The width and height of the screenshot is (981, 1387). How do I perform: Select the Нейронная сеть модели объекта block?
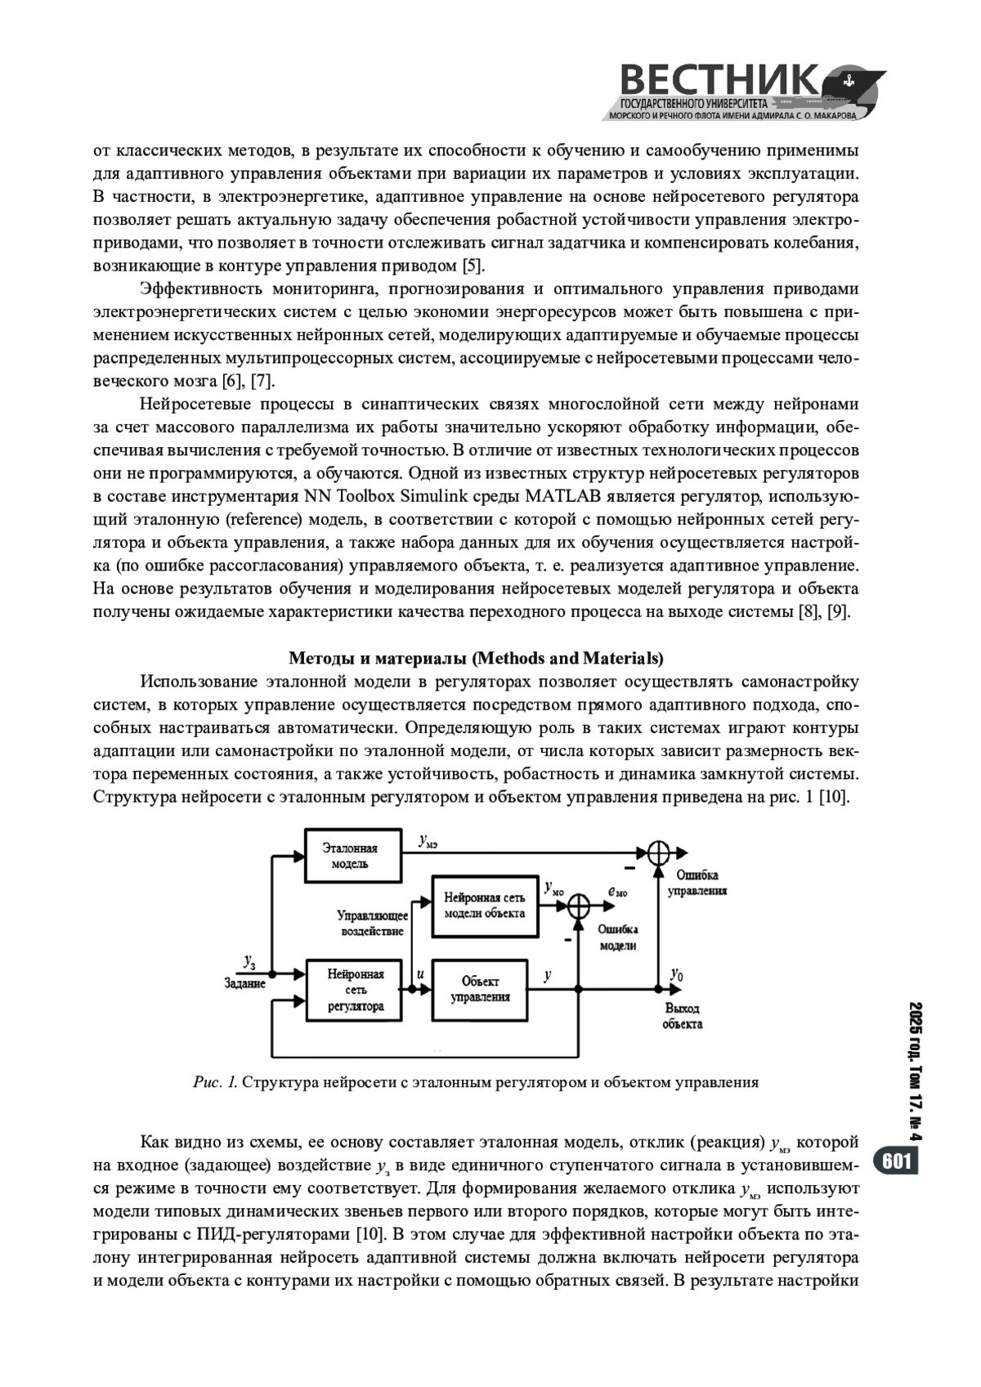click(485, 906)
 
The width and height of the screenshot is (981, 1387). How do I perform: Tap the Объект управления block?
click(480, 989)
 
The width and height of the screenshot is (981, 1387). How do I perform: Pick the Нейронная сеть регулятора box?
click(355, 990)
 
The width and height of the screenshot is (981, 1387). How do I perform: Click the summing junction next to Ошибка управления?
click(658, 853)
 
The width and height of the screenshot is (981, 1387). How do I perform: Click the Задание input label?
click(244, 983)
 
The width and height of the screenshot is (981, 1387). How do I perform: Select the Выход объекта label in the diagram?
click(682, 1016)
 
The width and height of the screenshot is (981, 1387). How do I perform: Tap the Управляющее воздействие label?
click(372, 924)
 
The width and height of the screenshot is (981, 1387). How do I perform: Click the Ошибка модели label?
click(618, 937)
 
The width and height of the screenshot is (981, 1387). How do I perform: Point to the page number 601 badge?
click(897, 1161)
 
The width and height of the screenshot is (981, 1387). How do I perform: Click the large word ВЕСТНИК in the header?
click(719, 82)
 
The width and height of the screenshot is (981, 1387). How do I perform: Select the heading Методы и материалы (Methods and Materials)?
click(476, 658)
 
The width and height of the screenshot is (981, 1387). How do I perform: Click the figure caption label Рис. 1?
click(215, 1083)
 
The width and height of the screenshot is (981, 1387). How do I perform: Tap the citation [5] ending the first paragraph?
click(473, 266)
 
